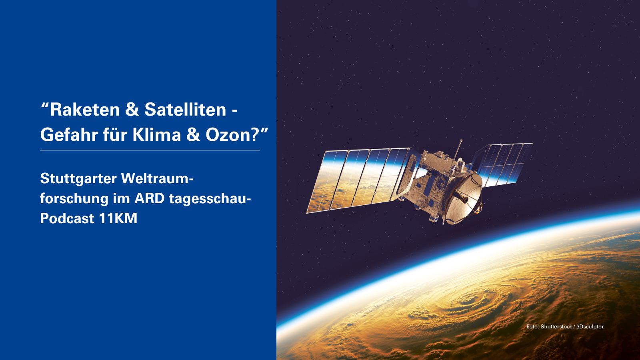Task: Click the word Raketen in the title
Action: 85,110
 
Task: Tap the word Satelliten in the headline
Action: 186,110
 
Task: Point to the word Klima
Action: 156,134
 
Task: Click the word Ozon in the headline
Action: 228,134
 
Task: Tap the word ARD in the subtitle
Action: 150,198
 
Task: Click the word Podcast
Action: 67,218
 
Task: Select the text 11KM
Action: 118,218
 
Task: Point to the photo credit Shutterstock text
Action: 556,326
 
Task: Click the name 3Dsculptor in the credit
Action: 590,327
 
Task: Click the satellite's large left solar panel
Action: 358,180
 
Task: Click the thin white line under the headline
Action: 150,150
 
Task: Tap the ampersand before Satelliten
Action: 132,110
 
